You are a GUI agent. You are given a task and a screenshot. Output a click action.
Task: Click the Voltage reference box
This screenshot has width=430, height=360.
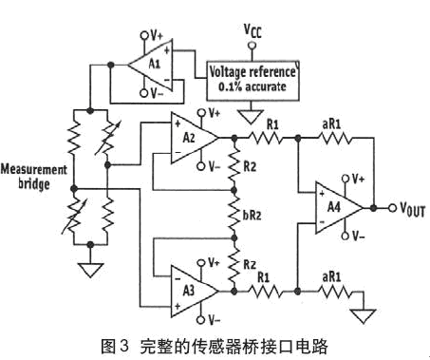point(252,81)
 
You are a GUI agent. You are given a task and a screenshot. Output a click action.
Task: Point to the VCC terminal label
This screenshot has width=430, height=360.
point(252,31)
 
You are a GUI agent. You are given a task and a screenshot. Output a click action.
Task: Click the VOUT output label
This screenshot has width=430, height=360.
point(412,209)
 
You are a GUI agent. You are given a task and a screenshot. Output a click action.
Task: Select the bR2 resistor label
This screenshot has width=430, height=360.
point(252,215)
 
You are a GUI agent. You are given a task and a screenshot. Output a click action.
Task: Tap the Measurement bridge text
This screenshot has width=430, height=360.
point(34,177)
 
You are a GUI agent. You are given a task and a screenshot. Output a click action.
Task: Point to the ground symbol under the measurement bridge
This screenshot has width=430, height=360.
point(90,270)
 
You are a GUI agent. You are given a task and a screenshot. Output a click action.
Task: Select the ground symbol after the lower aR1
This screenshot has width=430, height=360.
point(364,316)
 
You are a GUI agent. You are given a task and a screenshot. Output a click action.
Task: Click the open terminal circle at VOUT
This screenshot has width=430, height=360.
point(393,208)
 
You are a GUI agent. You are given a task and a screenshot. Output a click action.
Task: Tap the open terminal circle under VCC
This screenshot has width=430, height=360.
point(252,46)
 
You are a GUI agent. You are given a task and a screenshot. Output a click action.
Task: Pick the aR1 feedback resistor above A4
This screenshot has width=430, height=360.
point(335,138)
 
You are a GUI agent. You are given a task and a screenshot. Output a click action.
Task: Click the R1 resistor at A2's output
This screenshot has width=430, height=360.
point(266,138)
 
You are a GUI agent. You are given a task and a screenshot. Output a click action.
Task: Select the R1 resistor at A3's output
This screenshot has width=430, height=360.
point(265,291)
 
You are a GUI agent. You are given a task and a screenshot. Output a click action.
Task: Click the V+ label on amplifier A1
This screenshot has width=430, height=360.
point(157,35)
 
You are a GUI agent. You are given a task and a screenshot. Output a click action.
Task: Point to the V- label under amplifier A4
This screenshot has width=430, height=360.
point(358,237)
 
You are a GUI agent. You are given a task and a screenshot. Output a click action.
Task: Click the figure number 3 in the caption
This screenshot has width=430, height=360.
point(124,346)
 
